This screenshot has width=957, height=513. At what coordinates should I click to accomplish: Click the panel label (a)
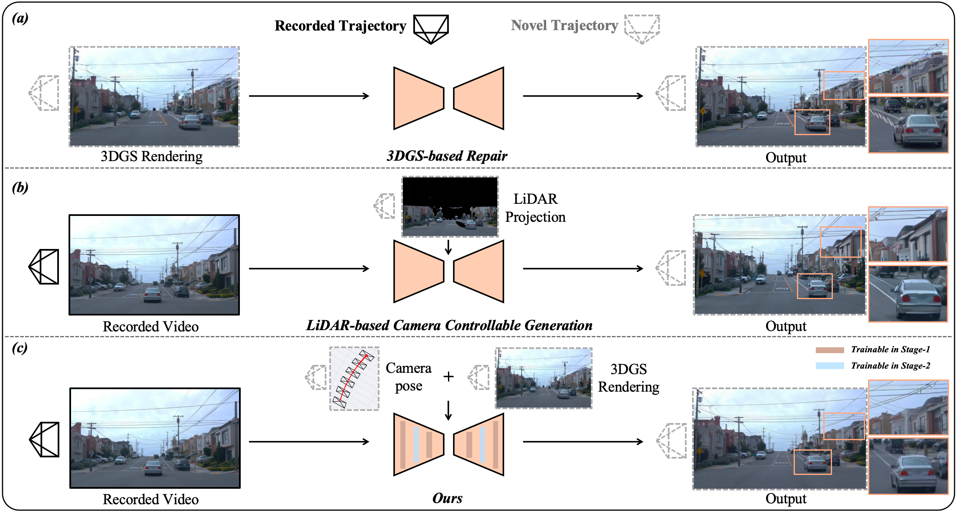(20, 18)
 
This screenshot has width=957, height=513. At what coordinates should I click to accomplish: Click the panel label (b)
(20, 187)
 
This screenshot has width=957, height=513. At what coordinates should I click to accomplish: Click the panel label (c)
(20, 348)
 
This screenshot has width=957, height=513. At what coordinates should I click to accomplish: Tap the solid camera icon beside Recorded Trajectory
(431, 29)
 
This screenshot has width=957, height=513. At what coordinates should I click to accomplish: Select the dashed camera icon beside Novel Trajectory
(642, 29)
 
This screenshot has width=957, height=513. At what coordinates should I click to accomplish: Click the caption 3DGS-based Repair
(447, 156)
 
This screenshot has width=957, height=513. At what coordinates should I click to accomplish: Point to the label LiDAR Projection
(535, 208)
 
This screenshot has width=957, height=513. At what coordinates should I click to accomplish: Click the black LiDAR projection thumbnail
(450, 207)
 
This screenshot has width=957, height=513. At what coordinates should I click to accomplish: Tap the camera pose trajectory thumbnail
(354, 378)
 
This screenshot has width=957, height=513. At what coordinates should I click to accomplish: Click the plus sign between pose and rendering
(448, 377)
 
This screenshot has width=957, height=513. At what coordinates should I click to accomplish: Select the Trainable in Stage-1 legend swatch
(830, 350)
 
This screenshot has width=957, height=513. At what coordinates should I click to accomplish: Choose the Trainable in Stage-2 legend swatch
(830, 366)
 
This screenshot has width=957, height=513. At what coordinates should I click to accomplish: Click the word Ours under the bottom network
(447, 498)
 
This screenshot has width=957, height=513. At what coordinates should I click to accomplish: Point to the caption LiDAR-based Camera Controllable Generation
(449, 326)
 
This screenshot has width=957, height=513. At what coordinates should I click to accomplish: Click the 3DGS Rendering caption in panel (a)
(151, 156)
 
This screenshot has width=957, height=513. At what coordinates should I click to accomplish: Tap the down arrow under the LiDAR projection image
(448, 247)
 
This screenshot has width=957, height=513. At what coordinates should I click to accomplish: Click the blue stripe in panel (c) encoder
(416, 444)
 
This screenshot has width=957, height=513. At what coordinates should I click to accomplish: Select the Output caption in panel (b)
(786, 326)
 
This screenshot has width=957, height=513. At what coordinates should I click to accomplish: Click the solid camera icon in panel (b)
(44, 267)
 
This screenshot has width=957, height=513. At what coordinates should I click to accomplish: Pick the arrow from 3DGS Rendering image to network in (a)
(309, 96)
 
